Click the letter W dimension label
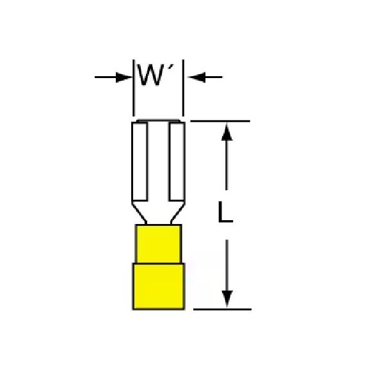(150, 75)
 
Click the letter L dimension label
(225, 212)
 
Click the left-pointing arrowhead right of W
(197, 77)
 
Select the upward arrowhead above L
(227, 132)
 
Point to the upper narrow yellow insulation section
(159, 244)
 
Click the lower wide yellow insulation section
(159, 287)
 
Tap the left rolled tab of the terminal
(140, 162)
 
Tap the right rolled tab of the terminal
(177, 162)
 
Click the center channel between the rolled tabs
(158, 162)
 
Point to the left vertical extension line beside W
(134, 88)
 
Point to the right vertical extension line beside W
(183, 88)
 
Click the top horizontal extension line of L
(220, 121)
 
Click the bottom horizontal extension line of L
(222, 309)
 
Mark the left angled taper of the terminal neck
(139, 212)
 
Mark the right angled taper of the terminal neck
(177, 212)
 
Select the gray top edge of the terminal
(158, 121)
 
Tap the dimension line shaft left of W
(106, 77)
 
